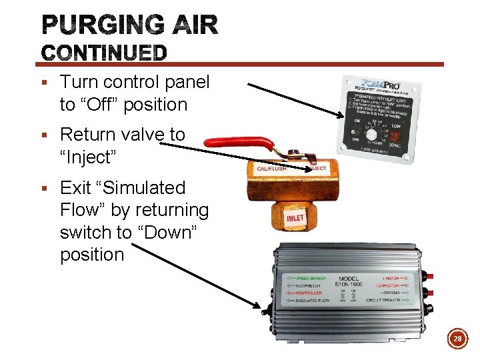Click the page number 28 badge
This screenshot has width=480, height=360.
[458, 339]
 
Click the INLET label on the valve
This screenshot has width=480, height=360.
[295, 218]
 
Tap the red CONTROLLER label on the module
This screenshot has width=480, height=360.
[308, 292]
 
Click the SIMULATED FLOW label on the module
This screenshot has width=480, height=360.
[310, 301]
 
